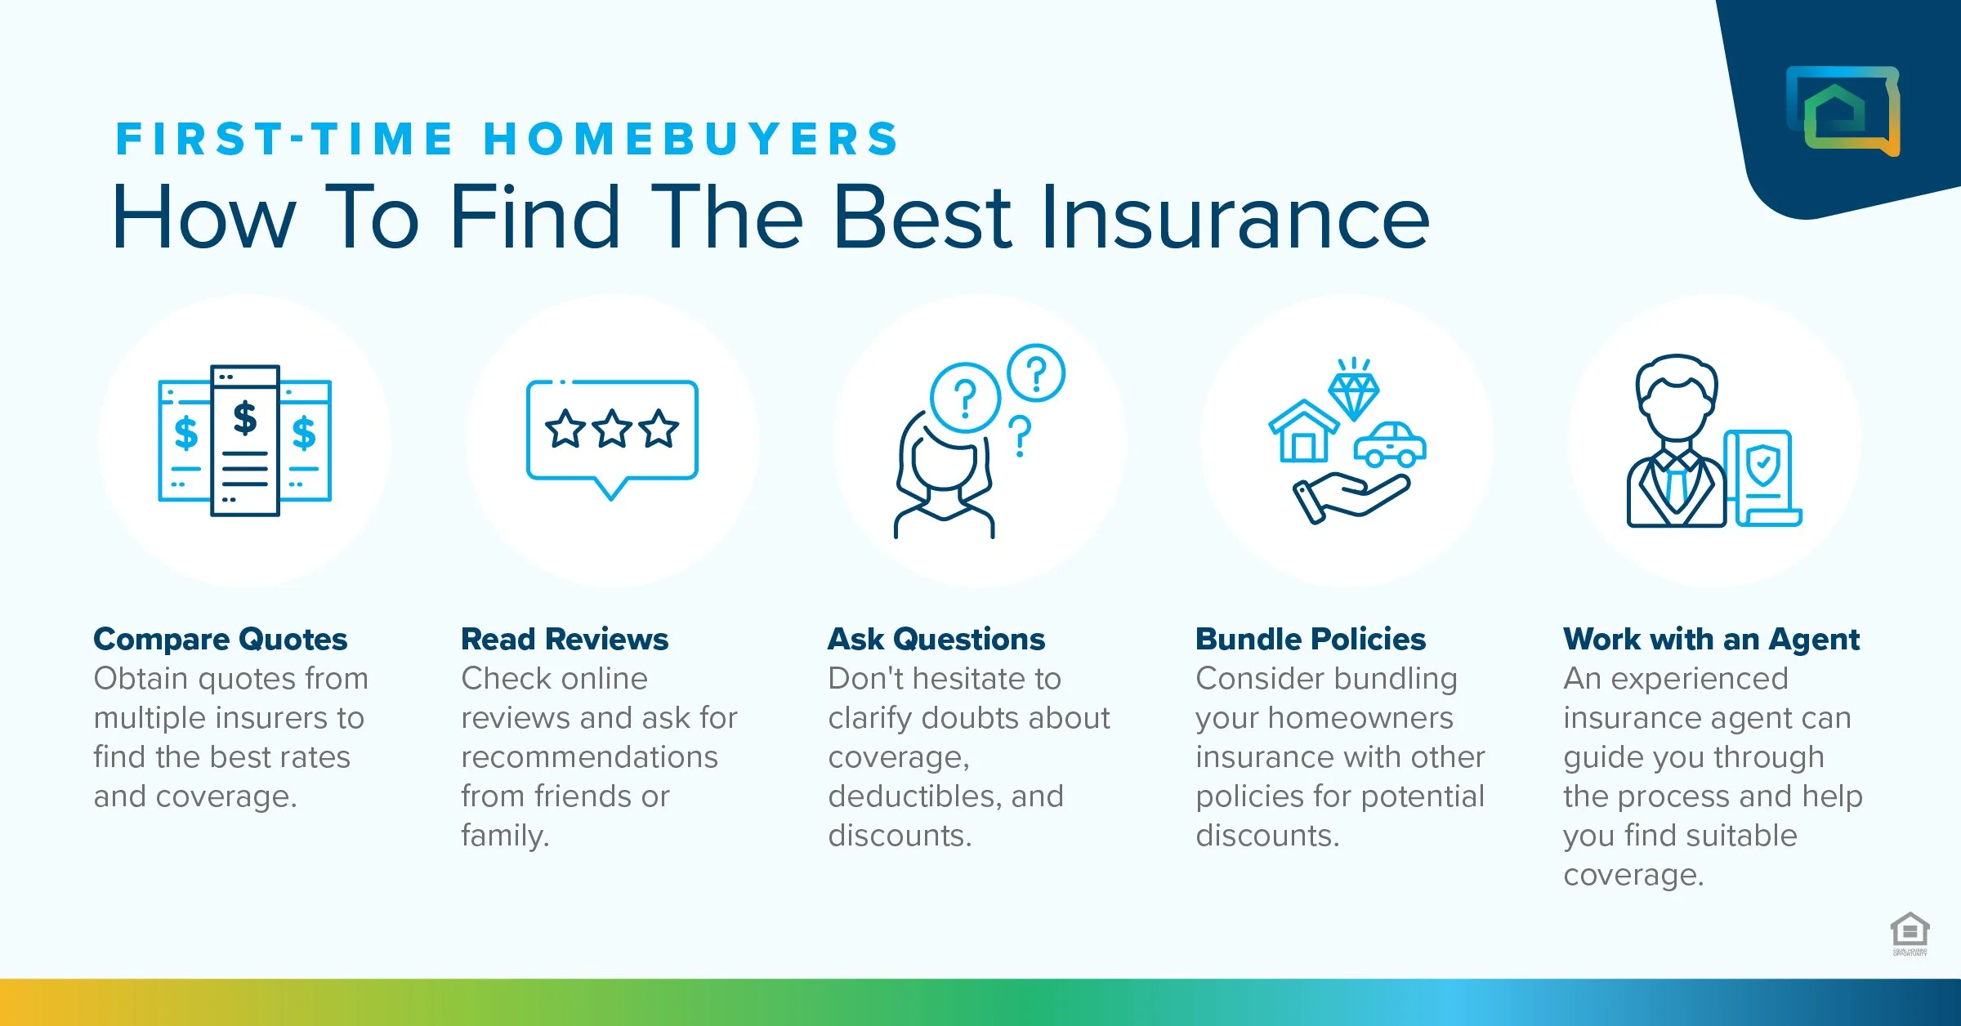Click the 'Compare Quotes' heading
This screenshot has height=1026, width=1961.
(221, 639)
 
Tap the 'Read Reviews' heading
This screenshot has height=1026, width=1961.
(565, 639)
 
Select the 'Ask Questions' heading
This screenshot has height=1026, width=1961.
(936, 639)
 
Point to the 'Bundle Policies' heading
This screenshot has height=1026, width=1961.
(1311, 639)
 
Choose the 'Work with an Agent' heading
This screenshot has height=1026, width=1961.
(1711, 639)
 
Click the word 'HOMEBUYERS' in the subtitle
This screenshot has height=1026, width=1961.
(692, 138)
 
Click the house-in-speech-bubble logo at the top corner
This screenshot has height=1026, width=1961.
(1843, 110)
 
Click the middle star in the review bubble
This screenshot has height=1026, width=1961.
(612, 430)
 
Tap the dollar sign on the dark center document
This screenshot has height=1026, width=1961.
(245, 417)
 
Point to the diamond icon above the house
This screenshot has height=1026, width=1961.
(1354, 395)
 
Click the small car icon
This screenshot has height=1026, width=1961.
(1390, 445)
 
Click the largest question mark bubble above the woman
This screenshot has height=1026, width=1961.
(965, 398)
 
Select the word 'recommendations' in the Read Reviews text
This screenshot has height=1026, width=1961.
(589, 757)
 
